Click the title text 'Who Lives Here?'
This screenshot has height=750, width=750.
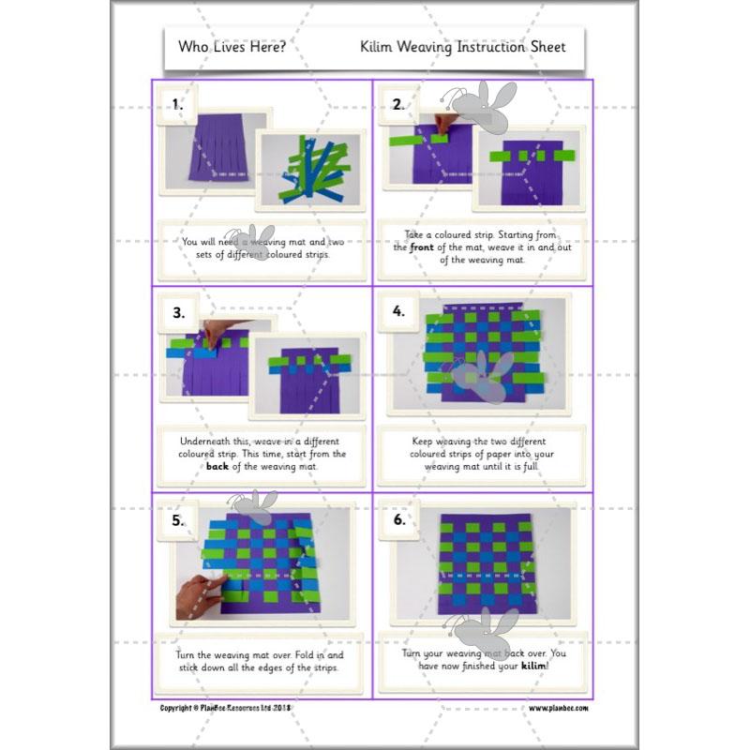tap(232, 47)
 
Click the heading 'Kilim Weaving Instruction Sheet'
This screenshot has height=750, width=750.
tap(462, 47)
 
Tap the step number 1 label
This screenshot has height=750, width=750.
tap(177, 105)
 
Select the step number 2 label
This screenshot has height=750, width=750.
tap(398, 105)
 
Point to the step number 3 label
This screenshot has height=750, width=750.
tap(178, 312)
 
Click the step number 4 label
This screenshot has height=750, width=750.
tap(398, 312)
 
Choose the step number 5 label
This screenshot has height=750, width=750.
tap(178, 520)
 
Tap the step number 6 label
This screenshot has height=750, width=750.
tap(398, 520)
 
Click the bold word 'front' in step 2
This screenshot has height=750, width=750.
tap(420, 247)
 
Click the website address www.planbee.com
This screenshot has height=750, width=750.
tap(558, 708)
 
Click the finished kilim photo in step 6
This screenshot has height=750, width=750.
tap(483, 567)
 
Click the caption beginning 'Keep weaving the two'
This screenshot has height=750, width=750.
tap(483, 453)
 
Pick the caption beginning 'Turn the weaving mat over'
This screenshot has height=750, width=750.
tap(262, 661)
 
